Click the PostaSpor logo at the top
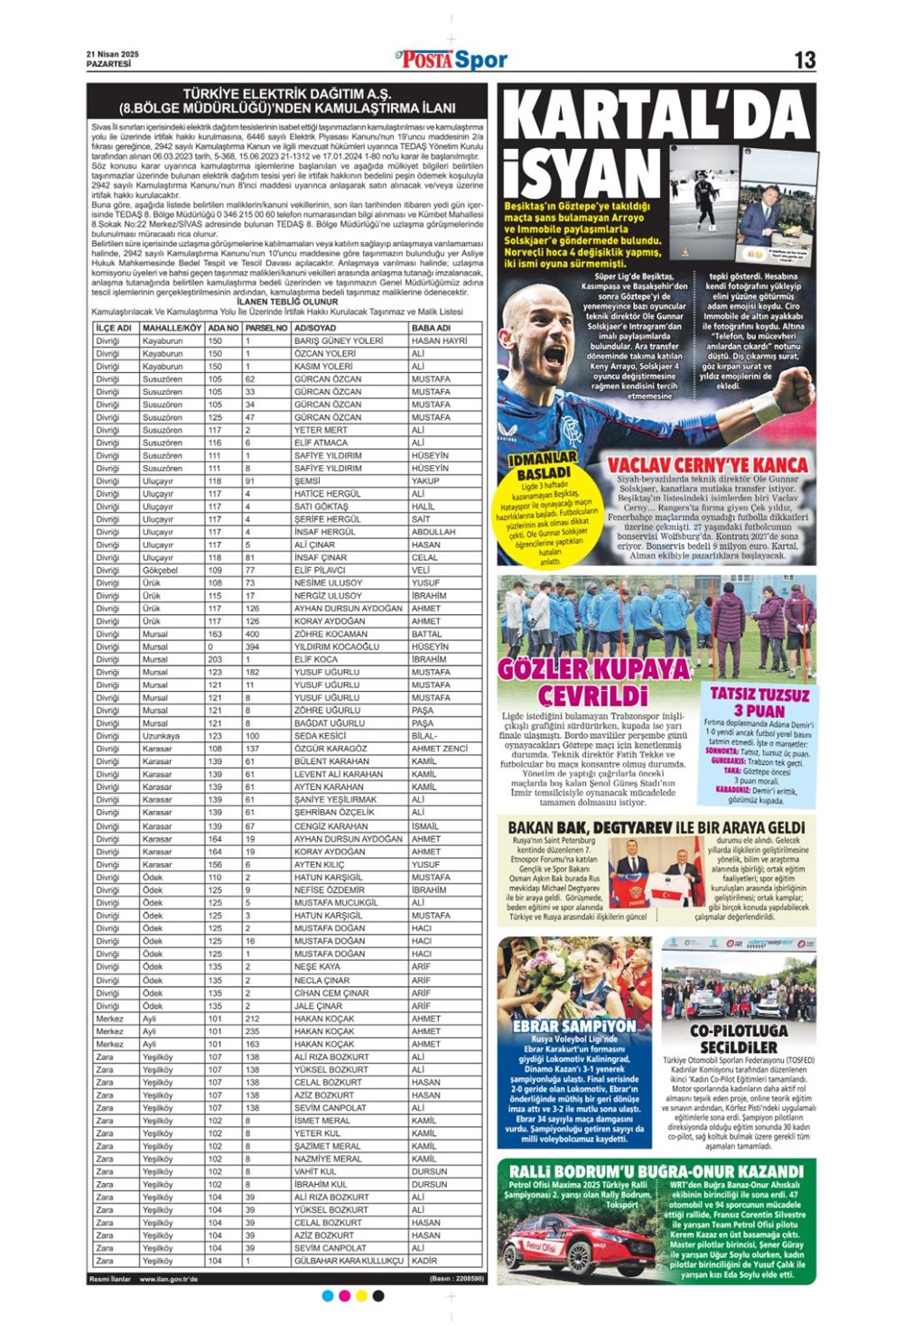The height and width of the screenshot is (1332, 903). [451, 60]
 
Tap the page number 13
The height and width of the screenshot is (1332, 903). [804, 60]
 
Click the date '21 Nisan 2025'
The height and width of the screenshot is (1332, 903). [113, 54]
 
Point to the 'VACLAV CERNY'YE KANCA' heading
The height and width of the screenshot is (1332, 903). [707, 465]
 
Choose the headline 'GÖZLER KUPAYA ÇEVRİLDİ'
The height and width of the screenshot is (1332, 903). [594, 681]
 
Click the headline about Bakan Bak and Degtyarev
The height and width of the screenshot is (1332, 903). [656, 827]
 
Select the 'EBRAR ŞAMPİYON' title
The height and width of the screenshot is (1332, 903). [574, 1026]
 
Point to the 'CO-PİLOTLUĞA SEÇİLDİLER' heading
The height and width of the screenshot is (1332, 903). [739, 1039]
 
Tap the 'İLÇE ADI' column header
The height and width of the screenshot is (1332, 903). [115, 328]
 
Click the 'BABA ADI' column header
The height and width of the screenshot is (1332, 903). [431, 328]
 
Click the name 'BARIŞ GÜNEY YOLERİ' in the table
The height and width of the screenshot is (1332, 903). [339, 340]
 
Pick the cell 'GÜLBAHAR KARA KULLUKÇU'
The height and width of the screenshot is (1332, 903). [349, 1261]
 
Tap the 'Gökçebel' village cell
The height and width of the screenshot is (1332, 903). [161, 570]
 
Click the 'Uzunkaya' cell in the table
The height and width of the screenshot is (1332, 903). [162, 736]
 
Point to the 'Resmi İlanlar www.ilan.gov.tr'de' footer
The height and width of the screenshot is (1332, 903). [144, 1279]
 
